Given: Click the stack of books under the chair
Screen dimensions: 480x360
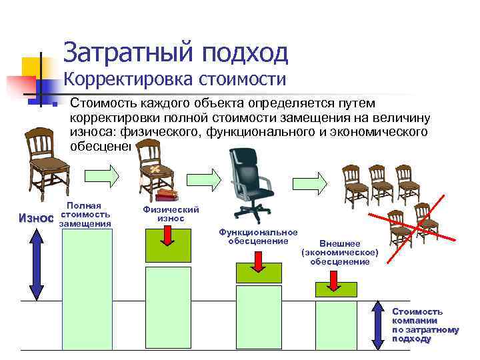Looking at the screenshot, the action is [167, 195].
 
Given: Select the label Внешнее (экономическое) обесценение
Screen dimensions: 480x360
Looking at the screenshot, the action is [339, 253].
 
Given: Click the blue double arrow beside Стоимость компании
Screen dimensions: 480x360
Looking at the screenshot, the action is [378, 325].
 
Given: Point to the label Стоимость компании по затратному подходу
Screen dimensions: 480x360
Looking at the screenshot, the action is [425, 325].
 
